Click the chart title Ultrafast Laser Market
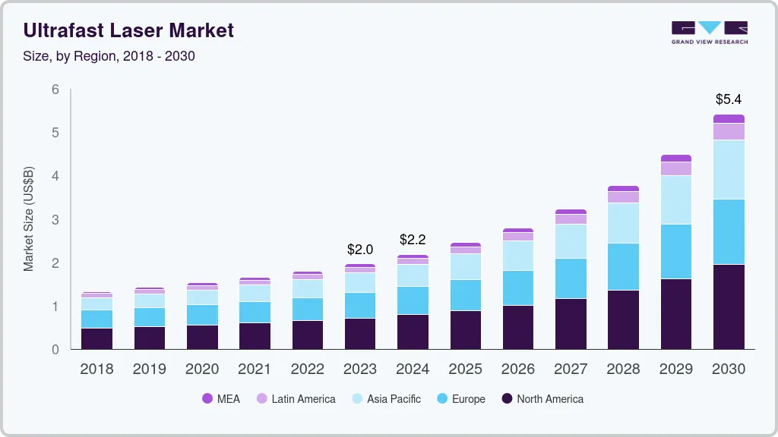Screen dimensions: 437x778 tap(128, 30)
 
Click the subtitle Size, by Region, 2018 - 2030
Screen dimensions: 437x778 tap(109, 56)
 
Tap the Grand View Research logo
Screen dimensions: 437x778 tap(709, 32)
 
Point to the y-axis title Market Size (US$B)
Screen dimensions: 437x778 tap(29, 218)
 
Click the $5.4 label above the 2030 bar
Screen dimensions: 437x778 tap(729, 99)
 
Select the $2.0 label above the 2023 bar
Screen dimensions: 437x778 tap(359, 249)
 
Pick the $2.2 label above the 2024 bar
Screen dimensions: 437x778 tap(413, 240)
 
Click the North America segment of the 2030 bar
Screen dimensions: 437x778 tap(729, 307)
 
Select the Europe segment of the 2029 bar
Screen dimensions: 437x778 tap(676, 251)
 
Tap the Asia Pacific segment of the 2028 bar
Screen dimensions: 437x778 tap(623, 223)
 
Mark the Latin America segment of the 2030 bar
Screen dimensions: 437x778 tap(729, 131)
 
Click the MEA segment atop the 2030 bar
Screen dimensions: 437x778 tap(729, 118)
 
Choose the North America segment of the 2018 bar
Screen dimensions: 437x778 tap(96, 338)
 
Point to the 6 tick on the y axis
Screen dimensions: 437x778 tap(55, 90)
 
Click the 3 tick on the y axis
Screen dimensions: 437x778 tap(55, 220)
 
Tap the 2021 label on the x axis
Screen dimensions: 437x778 tap(255, 369)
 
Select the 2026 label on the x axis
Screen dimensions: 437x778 tap(517, 369)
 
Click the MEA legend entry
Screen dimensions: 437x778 tap(221, 399)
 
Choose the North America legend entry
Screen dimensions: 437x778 tap(542, 399)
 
